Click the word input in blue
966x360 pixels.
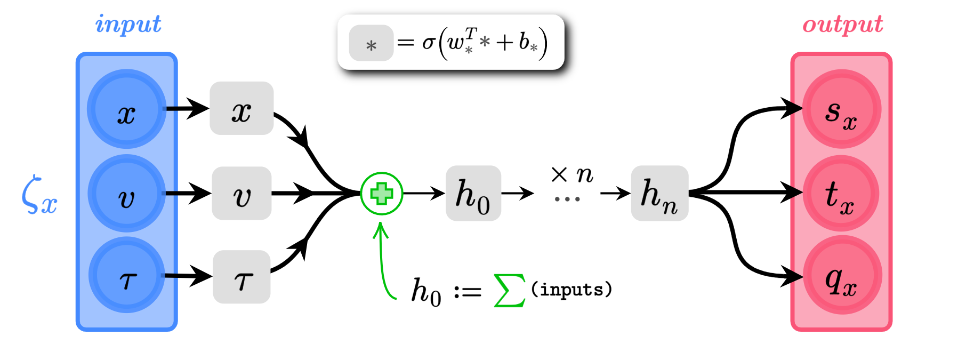(x=128, y=25)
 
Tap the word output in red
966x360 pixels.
(x=842, y=25)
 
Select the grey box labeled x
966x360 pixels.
(x=241, y=108)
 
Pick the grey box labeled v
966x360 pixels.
(x=241, y=194)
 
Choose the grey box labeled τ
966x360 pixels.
(x=241, y=277)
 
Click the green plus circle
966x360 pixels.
(x=382, y=194)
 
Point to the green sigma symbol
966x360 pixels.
(x=510, y=291)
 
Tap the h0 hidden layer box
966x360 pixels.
(x=473, y=194)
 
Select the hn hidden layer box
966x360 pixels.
(x=659, y=194)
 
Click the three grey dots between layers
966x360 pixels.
(x=567, y=199)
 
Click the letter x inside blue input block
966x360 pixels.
(x=126, y=114)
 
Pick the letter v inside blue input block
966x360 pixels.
(x=126, y=198)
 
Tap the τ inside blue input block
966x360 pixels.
(x=128, y=280)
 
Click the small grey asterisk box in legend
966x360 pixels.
(x=371, y=43)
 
